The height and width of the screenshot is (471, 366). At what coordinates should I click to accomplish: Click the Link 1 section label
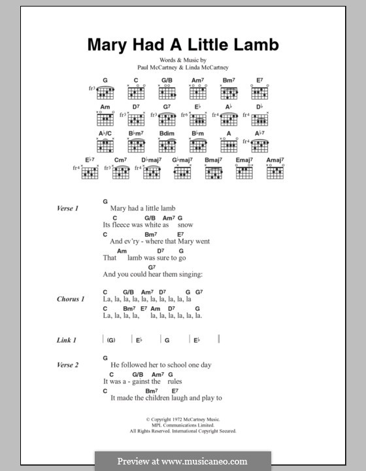pyautogui.click(x=66, y=340)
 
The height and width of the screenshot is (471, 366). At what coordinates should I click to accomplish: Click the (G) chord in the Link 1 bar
pyautogui.click(x=111, y=340)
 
